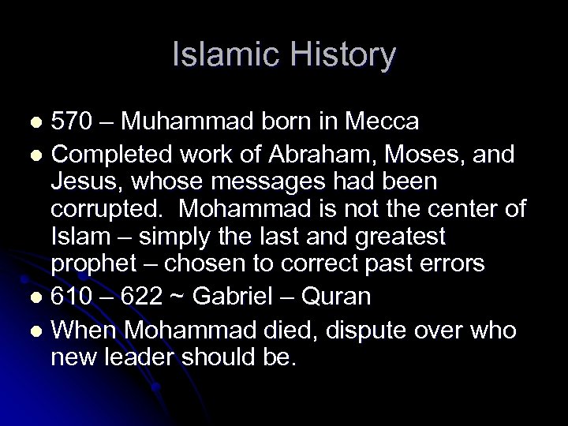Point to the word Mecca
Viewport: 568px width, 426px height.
click(382, 123)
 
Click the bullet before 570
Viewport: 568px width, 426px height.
click(35, 125)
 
